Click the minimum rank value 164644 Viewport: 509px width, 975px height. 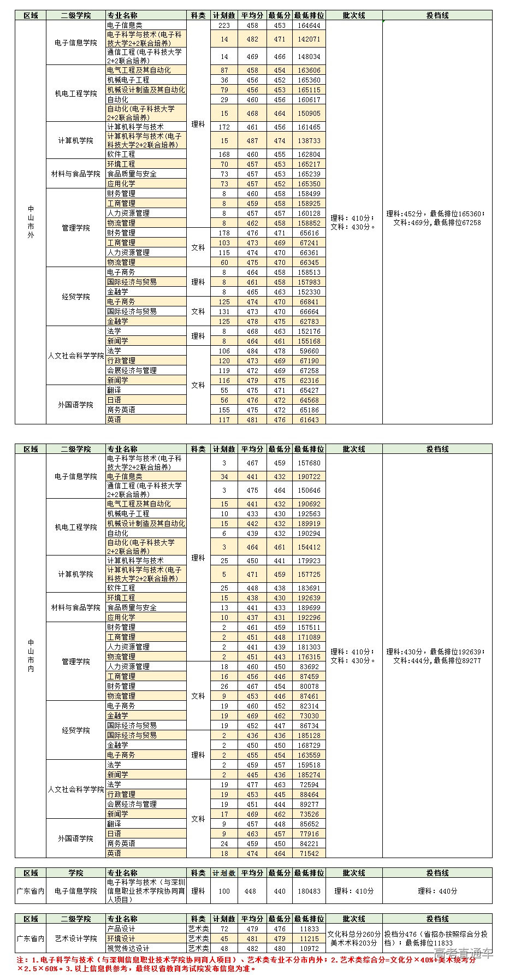(x=309, y=26)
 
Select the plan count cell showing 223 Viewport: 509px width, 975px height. (x=224, y=26)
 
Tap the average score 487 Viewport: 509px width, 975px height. (x=252, y=140)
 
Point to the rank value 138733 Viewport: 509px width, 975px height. (x=309, y=140)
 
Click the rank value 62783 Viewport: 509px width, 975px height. (x=309, y=321)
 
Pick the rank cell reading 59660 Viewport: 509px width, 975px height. (x=309, y=351)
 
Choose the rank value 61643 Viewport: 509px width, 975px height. (x=309, y=419)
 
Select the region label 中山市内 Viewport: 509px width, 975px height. (x=31, y=655)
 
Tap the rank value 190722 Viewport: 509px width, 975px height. (x=309, y=477)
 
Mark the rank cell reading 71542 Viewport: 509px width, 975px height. (x=309, y=853)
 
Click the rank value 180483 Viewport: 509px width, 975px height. (x=309, y=891)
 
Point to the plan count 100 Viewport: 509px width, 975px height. (x=224, y=891)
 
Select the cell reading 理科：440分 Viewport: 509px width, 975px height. (x=437, y=891)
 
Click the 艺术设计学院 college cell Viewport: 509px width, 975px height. (x=76, y=938)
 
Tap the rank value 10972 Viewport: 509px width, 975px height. (x=309, y=948)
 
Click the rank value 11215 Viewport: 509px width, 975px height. (x=309, y=938)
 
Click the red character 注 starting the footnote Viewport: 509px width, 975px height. (x=21, y=960)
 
